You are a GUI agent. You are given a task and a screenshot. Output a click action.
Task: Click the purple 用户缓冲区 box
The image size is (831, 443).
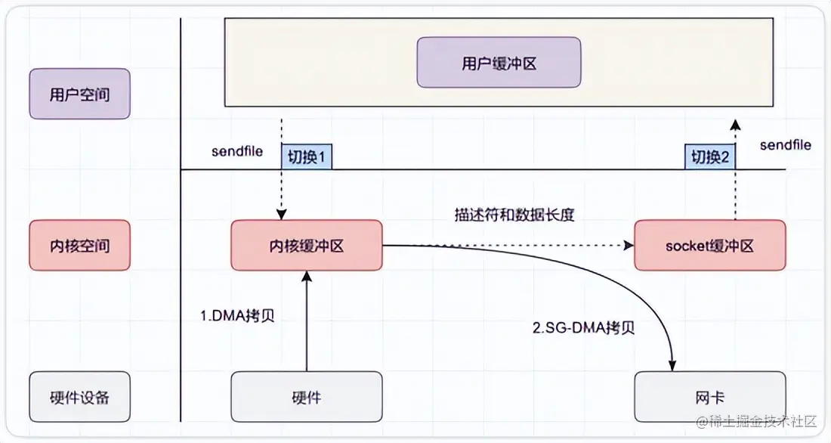click(x=499, y=64)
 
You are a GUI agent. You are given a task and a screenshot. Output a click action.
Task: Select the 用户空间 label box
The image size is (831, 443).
click(x=79, y=94)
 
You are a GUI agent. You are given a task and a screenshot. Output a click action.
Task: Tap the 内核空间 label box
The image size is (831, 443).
click(x=79, y=246)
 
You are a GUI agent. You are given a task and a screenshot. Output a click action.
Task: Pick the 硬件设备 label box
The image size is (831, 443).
click(x=79, y=396)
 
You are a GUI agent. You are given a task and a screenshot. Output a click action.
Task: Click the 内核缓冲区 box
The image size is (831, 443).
click(x=306, y=246)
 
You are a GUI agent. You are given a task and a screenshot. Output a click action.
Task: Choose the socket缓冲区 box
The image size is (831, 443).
click(x=709, y=246)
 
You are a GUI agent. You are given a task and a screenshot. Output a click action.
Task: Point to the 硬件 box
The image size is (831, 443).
click(x=306, y=396)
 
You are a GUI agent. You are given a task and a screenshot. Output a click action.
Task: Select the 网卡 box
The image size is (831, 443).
click(x=709, y=396)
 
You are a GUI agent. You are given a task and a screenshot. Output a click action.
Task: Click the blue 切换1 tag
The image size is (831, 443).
click(x=307, y=156)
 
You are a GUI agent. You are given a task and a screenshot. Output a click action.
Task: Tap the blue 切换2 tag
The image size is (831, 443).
click(x=710, y=156)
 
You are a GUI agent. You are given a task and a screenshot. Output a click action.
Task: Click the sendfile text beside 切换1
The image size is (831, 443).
click(x=237, y=152)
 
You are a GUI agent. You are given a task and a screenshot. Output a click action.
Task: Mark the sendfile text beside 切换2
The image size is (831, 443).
click(x=786, y=144)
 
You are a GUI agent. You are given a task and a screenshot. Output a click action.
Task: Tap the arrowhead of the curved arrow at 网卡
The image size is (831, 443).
click(x=670, y=366)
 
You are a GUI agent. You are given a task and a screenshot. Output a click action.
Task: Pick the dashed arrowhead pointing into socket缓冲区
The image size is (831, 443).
click(x=628, y=246)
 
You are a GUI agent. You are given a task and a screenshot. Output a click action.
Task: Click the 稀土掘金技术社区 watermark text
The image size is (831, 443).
click(x=763, y=420)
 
